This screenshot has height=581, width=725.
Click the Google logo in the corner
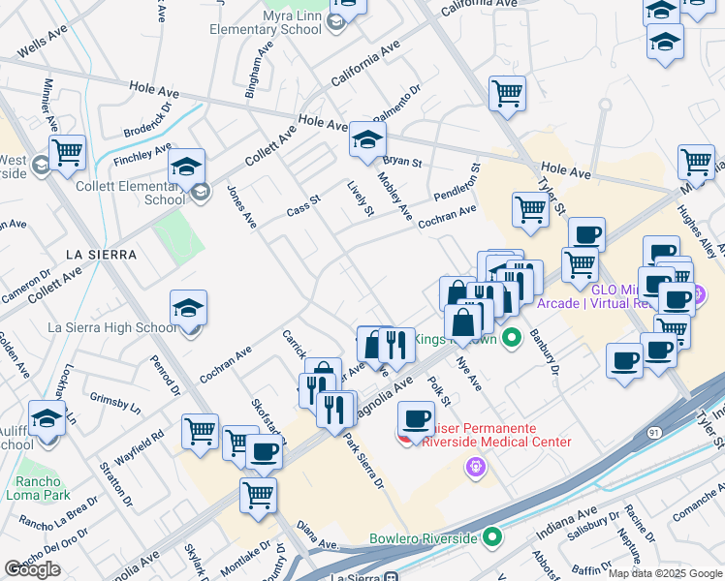coord(32,569)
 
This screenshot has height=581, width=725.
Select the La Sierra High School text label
coord(113,327)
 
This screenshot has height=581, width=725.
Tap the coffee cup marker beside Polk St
coord(417,418)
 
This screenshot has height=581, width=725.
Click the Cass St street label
coord(302,210)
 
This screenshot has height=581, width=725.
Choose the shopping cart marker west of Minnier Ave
coord(67,152)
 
